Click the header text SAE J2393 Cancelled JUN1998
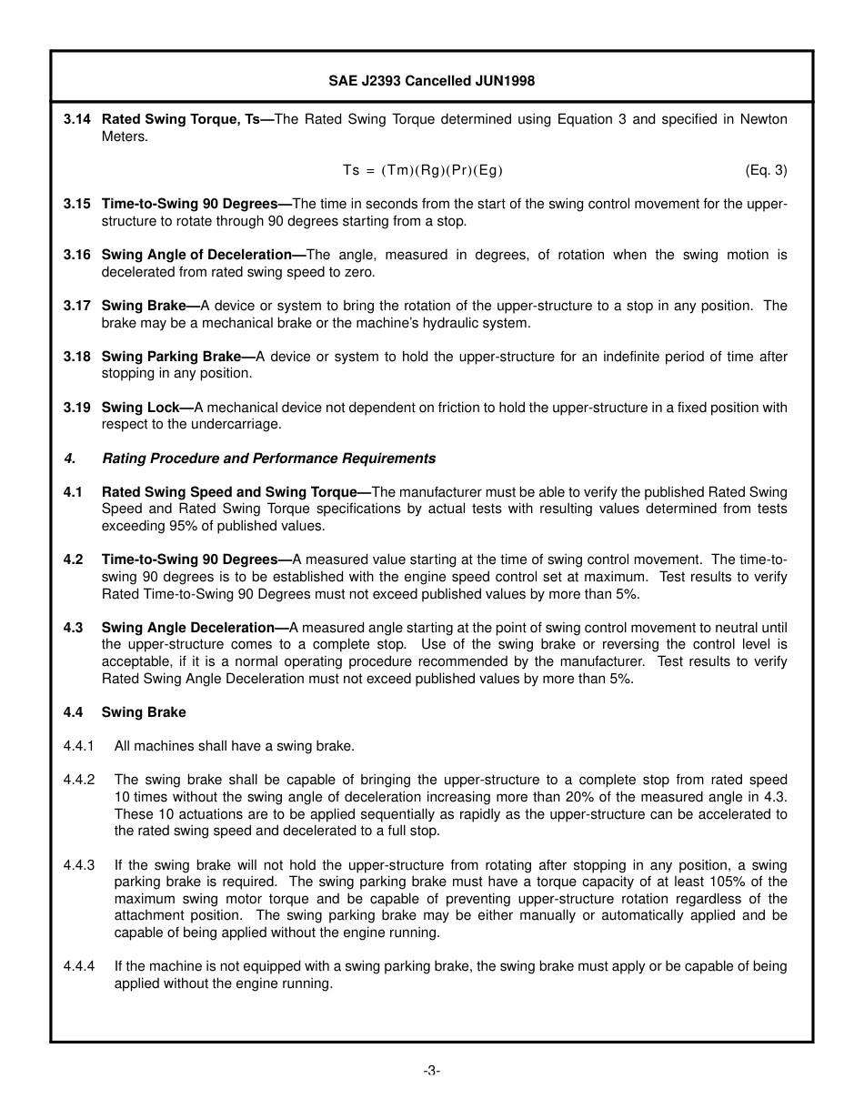coord(431,81)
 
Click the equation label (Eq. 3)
coord(766,170)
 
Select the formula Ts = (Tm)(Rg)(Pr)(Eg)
coord(422,170)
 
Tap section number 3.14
coord(77,119)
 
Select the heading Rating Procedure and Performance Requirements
coord(268,459)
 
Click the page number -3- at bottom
coord(431,1071)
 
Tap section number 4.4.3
coord(79,865)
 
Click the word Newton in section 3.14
coord(763,119)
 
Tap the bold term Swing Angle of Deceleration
coord(196,255)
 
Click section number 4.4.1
coord(79,746)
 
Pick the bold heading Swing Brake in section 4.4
coord(144,712)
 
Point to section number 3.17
coord(77,306)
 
